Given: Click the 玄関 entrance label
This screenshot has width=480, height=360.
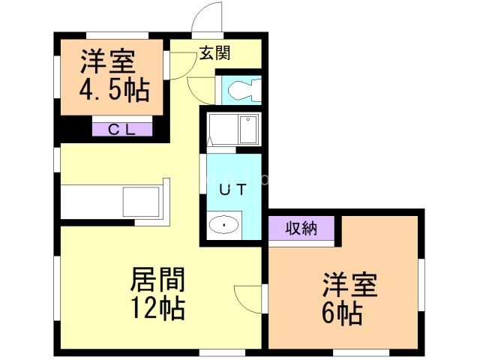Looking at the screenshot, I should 214,53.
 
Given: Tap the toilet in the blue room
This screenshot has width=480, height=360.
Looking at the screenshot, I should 240,91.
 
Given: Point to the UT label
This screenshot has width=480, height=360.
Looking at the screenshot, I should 231,190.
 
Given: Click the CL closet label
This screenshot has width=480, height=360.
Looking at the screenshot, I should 122,129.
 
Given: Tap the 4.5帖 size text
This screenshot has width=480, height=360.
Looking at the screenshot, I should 114,90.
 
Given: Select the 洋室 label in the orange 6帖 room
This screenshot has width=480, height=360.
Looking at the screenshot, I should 350,286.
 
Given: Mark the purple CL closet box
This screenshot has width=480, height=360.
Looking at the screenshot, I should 122,129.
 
